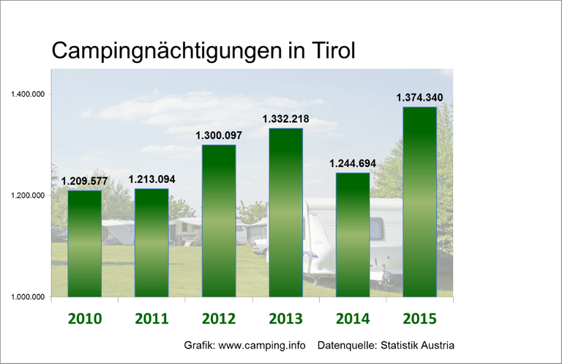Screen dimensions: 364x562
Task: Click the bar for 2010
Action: click(x=84, y=243)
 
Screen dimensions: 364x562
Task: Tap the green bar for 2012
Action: click(x=218, y=220)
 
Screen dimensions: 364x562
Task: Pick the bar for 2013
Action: click(x=285, y=212)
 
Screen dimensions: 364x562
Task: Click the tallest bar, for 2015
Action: click(x=419, y=201)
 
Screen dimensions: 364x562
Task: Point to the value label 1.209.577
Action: click(x=84, y=181)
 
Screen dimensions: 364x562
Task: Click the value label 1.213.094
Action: click(x=151, y=179)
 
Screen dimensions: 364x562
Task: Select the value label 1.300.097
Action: click(x=218, y=135)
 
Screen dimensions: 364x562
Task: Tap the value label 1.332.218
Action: click(x=285, y=119)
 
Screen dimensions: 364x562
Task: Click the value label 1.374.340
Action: click(x=419, y=97)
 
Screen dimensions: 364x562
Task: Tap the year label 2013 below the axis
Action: click(x=285, y=319)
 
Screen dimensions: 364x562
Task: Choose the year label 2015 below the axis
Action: click(x=419, y=319)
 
